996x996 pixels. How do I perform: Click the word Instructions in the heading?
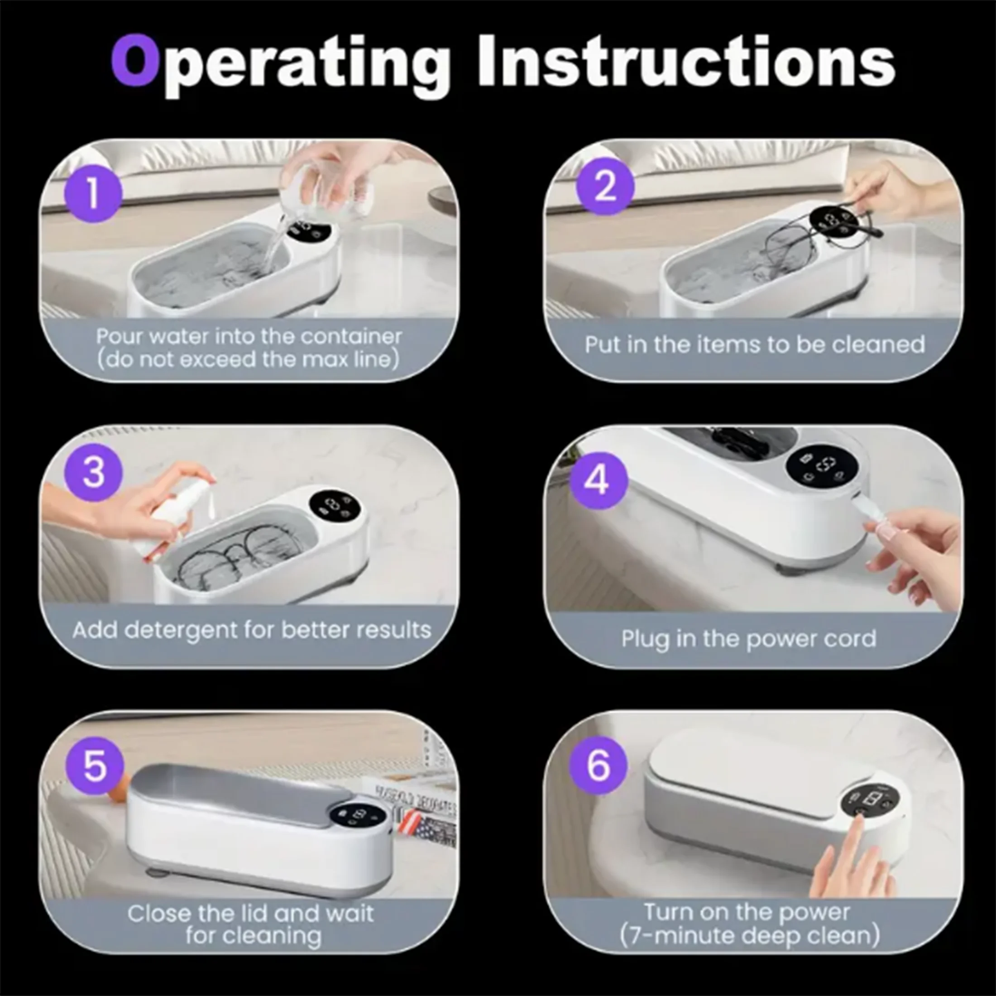[x=686, y=60]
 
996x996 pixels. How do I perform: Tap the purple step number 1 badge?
[x=93, y=193]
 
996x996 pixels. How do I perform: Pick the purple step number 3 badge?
[x=93, y=472]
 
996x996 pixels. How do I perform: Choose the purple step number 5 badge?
[x=96, y=766]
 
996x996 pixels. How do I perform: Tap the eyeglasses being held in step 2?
[x=809, y=237]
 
